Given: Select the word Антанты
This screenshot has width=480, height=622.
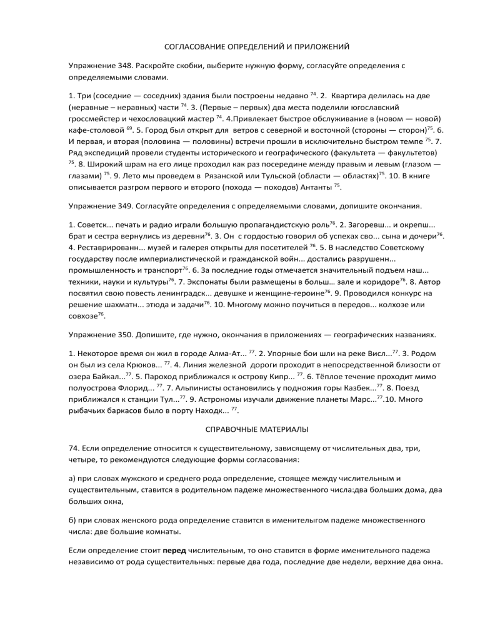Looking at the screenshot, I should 315,187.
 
